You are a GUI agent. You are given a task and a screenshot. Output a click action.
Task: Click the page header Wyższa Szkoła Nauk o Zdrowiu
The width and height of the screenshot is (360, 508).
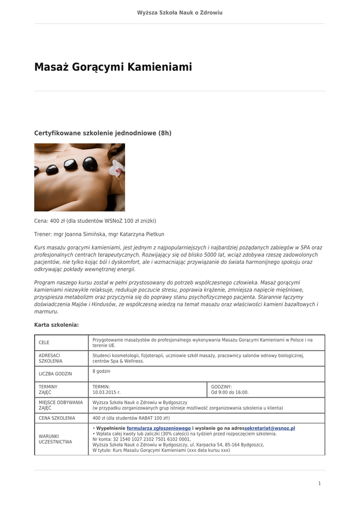tap(180, 12)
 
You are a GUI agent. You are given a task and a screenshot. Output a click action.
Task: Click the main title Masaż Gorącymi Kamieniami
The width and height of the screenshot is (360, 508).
tap(113, 67)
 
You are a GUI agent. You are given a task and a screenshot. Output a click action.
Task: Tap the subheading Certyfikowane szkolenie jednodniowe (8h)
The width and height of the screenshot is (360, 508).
tap(102, 133)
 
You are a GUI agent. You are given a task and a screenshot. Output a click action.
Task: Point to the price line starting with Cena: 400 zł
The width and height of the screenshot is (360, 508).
tap(95, 221)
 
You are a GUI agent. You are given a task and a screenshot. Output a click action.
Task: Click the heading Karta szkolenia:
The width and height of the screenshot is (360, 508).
tap(56, 325)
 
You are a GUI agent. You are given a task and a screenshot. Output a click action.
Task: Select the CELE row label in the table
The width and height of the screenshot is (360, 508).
tap(44, 343)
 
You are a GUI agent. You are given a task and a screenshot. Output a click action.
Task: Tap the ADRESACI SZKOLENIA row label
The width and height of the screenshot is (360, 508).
tap(50, 358)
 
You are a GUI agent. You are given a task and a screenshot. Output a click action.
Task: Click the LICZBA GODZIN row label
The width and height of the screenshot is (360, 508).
tap(55, 374)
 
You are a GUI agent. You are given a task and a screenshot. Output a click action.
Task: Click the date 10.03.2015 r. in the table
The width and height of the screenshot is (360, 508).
tap(106, 392)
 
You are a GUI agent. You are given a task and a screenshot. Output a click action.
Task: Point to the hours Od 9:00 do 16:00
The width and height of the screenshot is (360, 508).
tap(230, 392)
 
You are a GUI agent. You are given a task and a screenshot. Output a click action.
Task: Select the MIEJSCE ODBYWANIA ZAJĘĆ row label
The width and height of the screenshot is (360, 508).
tap(61, 405)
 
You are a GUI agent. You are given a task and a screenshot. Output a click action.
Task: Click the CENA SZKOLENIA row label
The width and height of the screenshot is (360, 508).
tap(57, 418)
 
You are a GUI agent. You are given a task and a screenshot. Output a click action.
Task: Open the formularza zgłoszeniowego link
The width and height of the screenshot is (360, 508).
tap(158, 428)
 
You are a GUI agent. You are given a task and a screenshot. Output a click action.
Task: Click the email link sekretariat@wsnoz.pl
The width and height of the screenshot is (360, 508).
tap(270, 428)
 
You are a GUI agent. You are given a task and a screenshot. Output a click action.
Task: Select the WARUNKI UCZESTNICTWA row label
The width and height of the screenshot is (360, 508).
tap(55, 439)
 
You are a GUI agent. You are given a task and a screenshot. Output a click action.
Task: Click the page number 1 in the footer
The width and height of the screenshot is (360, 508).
tap(320, 483)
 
